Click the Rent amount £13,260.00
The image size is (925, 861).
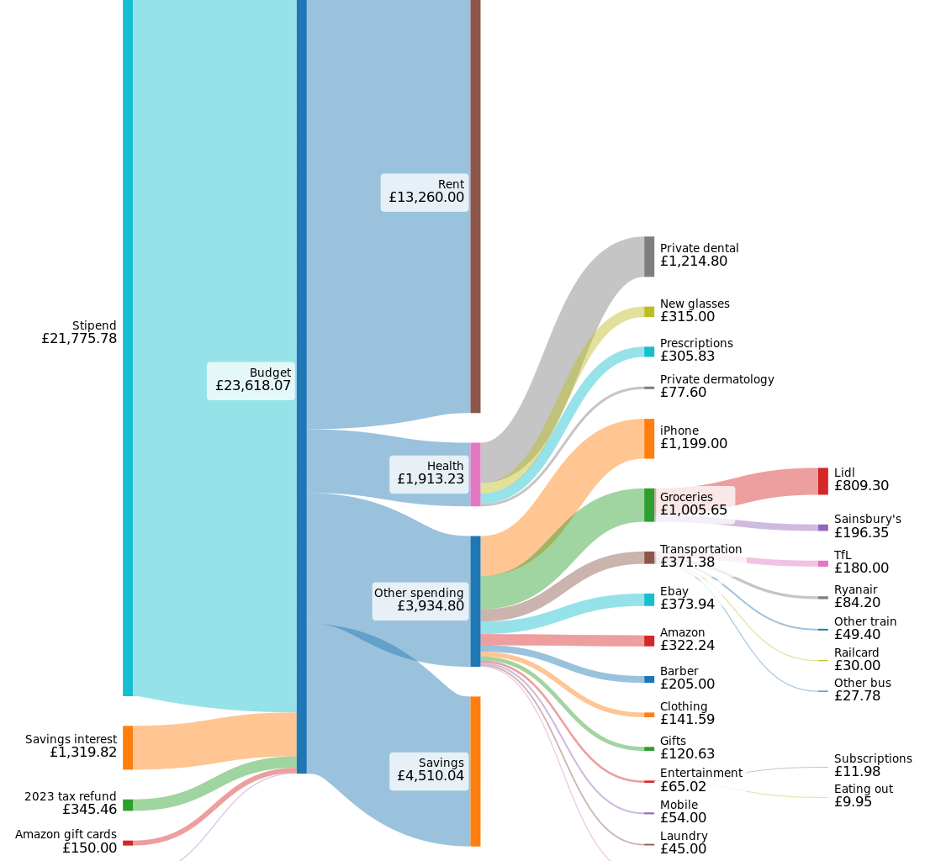click(x=426, y=198)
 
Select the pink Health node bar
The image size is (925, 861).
click(x=475, y=474)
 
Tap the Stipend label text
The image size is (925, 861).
click(x=94, y=325)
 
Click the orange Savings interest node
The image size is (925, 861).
click(x=128, y=747)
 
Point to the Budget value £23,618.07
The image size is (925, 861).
click(x=253, y=386)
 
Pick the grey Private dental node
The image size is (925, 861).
click(x=649, y=256)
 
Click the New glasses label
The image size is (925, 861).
click(x=695, y=304)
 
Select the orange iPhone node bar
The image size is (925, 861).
click(x=649, y=438)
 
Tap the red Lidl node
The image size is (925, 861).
click(x=823, y=481)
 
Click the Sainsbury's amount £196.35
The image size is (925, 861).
click(x=861, y=532)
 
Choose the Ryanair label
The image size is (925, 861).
click(x=855, y=589)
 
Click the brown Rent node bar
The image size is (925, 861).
click(x=475, y=206)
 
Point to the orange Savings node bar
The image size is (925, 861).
click(x=475, y=771)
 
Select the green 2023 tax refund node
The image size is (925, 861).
click(x=128, y=805)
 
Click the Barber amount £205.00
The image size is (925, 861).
click(x=687, y=684)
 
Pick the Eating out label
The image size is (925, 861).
click(x=863, y=789)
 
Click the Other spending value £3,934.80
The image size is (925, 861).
click(x=430, y=605)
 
